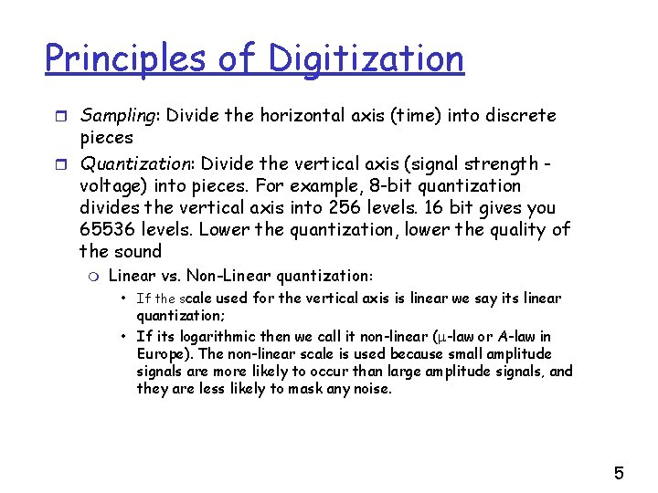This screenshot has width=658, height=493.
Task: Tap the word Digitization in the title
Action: pos(366,59)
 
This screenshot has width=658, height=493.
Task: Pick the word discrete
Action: pos(519,116)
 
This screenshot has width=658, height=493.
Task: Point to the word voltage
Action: pos(113,186)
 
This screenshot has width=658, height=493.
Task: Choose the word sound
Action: pos(138,252)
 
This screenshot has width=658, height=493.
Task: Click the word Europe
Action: pos(163,354)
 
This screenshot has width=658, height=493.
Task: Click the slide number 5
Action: pos(619,473)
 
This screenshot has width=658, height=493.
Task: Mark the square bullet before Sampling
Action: pos(62,117)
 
